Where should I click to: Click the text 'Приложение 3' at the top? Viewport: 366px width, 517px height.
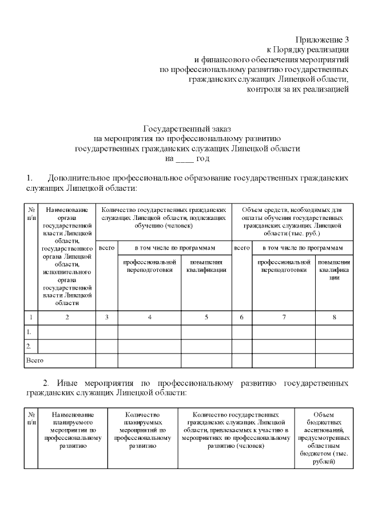coord(322,39)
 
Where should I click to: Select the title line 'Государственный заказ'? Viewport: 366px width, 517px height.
coord(186,129)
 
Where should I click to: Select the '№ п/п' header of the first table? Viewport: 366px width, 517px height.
coord(31,214)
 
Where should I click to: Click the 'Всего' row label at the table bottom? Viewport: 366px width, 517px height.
coord(34,360)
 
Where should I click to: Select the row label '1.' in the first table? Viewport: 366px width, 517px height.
coord(29,331)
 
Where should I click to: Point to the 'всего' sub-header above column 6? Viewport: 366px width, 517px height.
coord(242,248)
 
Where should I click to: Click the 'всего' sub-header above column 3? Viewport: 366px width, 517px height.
coord(106,248)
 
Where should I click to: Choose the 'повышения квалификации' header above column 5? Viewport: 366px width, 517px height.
coord(206,266)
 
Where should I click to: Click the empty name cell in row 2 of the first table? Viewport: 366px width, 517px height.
coord(67,346)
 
